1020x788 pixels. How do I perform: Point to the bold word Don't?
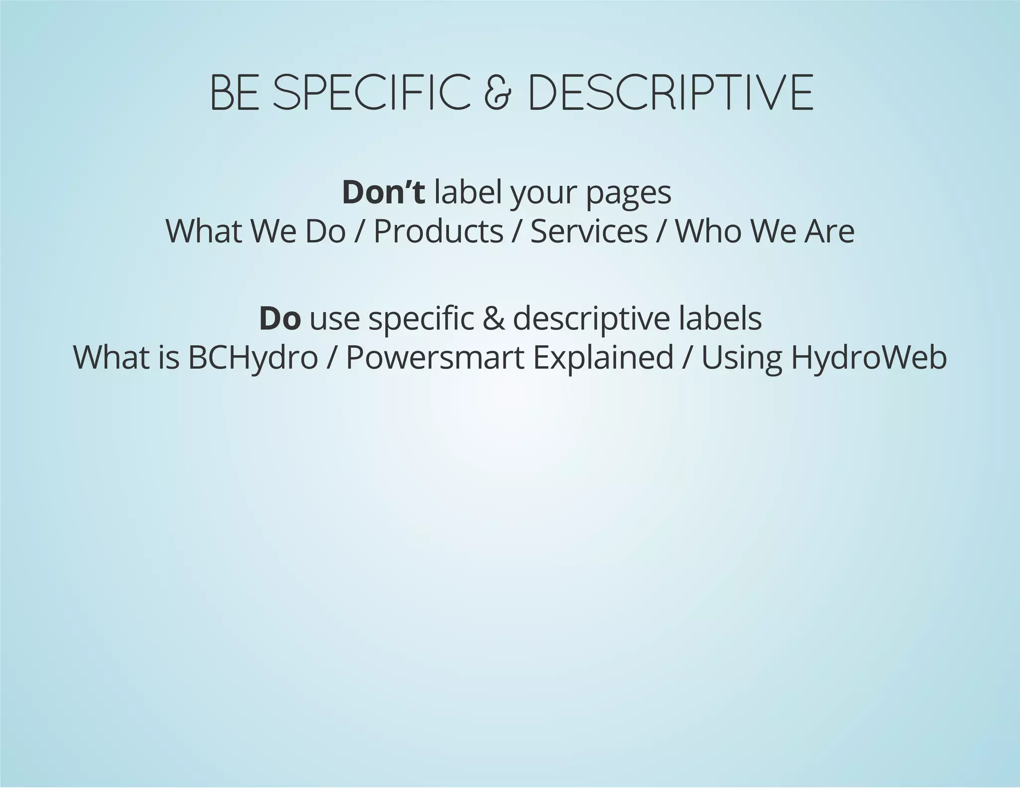coord(383,192)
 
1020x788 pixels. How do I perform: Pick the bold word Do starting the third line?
coord(280,319)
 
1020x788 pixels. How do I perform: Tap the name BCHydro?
coord(253,358)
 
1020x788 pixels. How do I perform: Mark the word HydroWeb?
coord(869,358)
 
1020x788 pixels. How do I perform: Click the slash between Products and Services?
coord(516,232)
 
